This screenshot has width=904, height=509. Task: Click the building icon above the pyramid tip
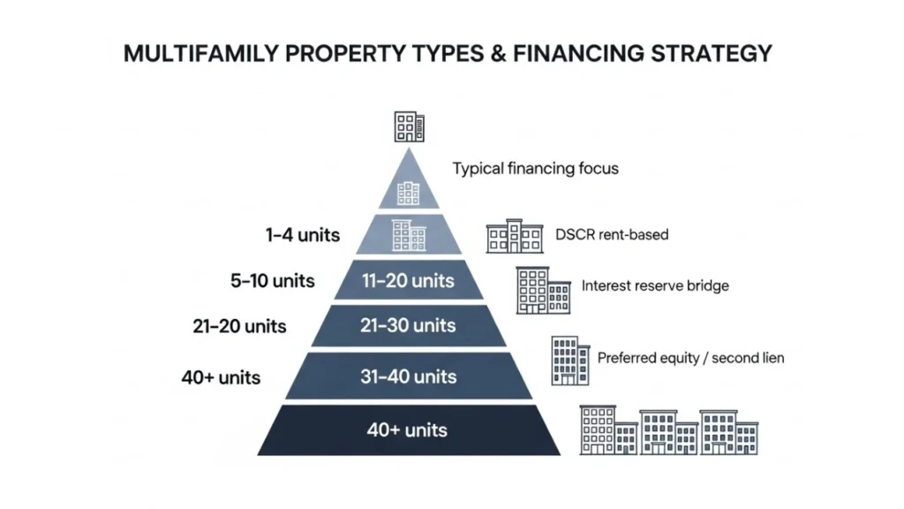pos(409,126)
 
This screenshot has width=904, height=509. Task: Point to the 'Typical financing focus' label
pos(535,168)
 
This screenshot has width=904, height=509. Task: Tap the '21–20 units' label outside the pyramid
pos(239,326)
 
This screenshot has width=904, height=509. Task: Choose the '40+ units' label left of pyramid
pos(221,377)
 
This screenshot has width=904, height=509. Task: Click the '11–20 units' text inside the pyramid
pos(408,281)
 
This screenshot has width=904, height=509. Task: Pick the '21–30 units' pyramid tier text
pos(408,326)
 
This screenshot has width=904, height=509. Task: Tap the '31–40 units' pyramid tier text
pos(408,376)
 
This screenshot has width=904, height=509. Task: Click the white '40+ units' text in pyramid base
pos(407,430)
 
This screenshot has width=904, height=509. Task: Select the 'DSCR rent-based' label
pos(612,235)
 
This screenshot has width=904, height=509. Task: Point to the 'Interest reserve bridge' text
pos(655,286)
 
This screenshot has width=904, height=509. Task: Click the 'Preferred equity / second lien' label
pos(690,358)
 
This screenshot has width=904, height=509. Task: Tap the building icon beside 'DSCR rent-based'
pos(516,236)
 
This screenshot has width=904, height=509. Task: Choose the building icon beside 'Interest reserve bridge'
pos(543,290)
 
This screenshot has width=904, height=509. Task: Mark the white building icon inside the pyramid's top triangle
pos(408,193)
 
